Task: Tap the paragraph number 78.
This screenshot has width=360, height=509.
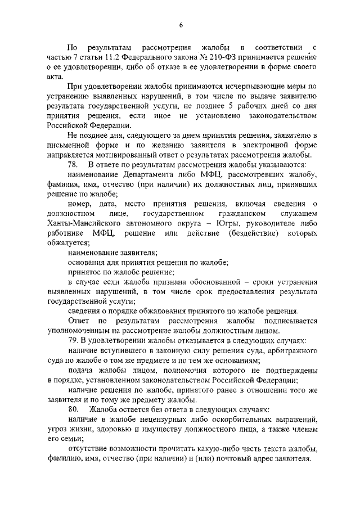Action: pos(72,164)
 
